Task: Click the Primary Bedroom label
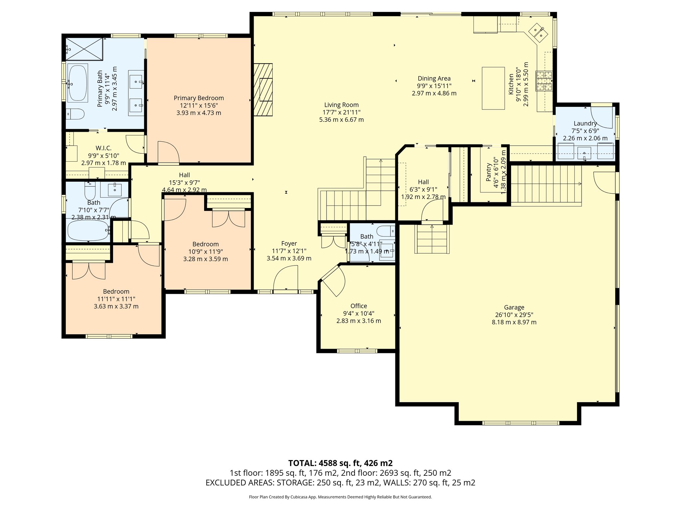(199, 98)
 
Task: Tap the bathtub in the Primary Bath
(77, 83)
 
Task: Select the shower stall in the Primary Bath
(84, 49)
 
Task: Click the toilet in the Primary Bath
(75, 114)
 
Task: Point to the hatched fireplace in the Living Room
(263, 89)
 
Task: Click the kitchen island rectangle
(493, 88)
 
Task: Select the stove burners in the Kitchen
(544, 81)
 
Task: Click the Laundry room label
(585, 123)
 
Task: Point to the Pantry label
(488, 172)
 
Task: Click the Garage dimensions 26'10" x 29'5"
(514, 315)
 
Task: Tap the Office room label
(358, 306)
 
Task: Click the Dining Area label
(434, 79)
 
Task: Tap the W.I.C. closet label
(103, 148)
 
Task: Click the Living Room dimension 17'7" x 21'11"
(341, 112)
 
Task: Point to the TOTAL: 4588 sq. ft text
(340, 463)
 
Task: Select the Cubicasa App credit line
(340, 497)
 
